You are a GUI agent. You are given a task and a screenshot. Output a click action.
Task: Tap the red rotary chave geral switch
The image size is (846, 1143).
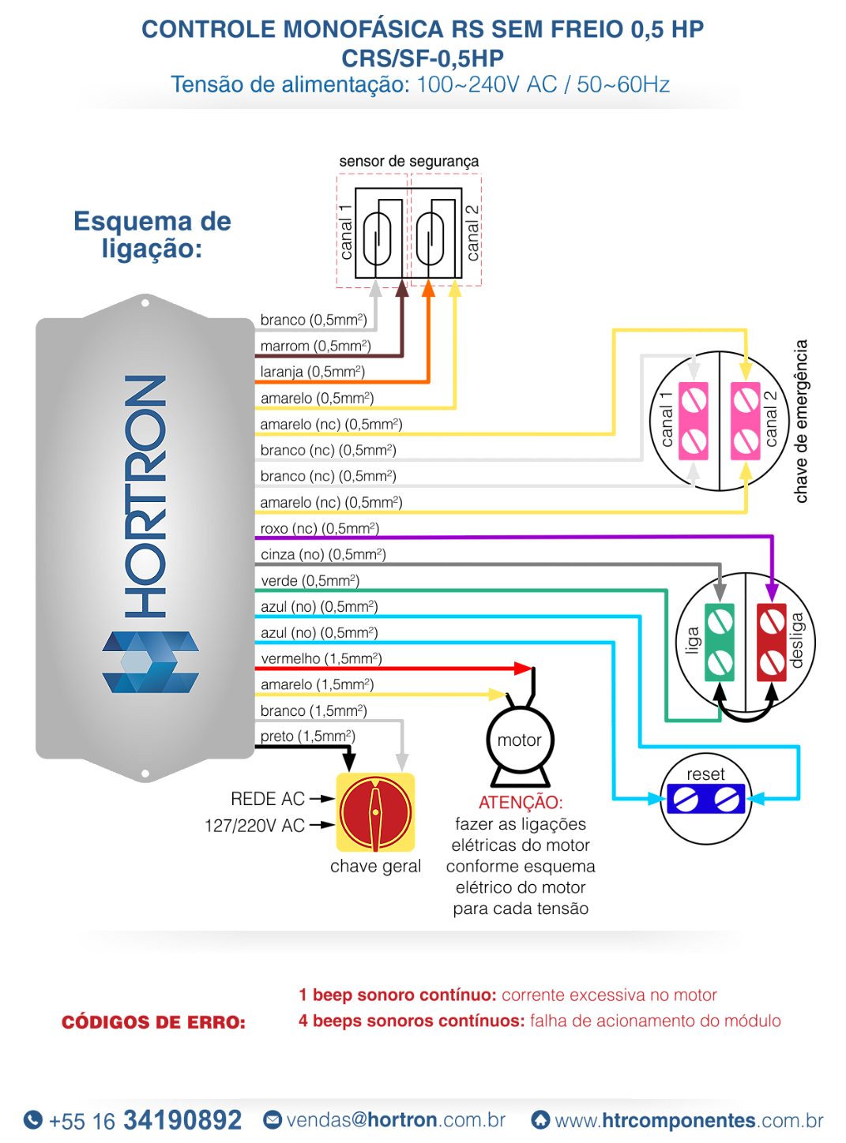[x=375, y=812]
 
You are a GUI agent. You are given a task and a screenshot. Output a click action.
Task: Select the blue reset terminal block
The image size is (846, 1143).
[x=705, y=799]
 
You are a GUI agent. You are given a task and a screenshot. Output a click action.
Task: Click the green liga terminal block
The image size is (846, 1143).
[x=720, y=642]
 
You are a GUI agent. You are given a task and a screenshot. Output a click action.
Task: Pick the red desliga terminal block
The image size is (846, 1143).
[x=772, y=642]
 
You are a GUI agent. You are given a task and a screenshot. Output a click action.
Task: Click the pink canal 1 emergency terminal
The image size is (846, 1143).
[x=694, y=421]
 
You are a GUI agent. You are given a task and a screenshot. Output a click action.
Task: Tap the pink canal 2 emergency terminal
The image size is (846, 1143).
[x=746, y=421]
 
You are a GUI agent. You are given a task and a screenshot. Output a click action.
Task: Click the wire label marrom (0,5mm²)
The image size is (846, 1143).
[x=315, y=346]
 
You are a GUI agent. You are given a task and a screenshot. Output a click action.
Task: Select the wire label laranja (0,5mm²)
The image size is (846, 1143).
[x=312, y=372]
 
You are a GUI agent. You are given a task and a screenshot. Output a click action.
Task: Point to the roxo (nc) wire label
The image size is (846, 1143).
[x=319, y=528]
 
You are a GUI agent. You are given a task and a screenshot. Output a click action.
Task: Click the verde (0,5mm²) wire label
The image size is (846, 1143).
[x=310, y=581]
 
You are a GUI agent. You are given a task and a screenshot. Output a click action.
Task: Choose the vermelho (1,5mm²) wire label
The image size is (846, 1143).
[x=321, y=658]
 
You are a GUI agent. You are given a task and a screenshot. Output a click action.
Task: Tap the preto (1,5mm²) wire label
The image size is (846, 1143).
[x=307, y=736]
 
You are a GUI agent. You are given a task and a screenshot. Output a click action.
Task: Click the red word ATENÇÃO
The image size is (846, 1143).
[x=521, y=802]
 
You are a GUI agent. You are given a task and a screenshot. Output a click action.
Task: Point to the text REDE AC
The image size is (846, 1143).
[x=268, y=799]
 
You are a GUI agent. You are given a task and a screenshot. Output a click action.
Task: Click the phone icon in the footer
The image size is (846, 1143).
[x=33, y=1119]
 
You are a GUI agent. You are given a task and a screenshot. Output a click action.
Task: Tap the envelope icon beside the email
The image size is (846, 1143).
[x=273, y=1119]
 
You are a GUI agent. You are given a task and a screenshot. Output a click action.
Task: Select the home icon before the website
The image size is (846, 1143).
[x=540, y=1119]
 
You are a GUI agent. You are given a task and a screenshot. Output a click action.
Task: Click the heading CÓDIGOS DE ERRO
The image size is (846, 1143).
[x=153, y=1022]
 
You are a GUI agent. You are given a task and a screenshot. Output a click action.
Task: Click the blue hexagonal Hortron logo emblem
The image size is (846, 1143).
[x=150, y=661]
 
